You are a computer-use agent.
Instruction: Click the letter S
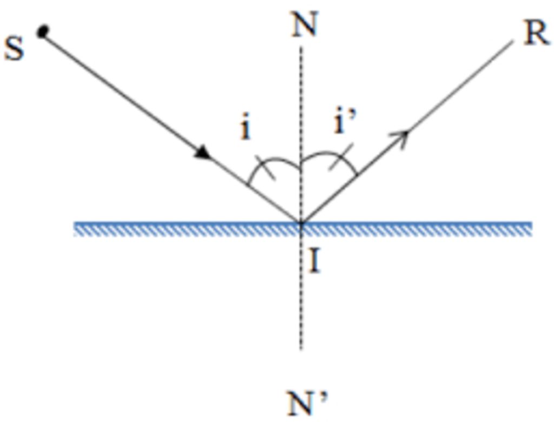click(14, 48)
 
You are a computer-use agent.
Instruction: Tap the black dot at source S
click(43, 31)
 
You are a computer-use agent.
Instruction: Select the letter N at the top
click(304, 24)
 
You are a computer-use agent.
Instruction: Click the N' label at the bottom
click(307, 403)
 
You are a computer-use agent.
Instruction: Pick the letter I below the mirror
click(315, 263)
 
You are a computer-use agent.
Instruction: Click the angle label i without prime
click(246, 129)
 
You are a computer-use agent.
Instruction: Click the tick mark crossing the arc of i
click(265, 168)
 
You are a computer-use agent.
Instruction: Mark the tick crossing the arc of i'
click(341, 157)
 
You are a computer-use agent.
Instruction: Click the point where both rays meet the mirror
click(301, 223)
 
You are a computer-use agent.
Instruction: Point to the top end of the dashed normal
click(301, 46)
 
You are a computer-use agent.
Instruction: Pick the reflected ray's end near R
click(512, 41)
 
